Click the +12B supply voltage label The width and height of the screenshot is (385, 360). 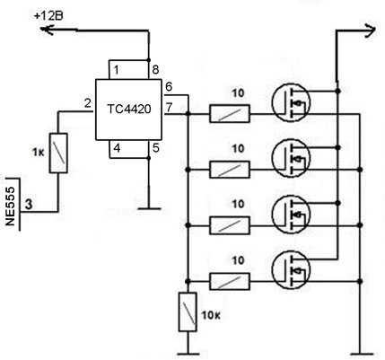pos(48,16)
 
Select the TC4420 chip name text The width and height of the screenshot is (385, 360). pos(129,110)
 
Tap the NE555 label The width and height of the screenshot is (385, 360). pos(10,206)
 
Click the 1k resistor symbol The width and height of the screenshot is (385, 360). pos(58,154)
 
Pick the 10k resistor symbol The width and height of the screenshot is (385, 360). pos(188,312)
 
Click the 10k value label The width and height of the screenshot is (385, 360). pos(212,315)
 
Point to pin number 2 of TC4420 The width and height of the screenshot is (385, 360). pos(87,103)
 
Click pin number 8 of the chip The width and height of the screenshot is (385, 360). pos(155,70)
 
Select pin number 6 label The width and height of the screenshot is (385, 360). pos(169,87)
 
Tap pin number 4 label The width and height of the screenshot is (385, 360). pos(117,148)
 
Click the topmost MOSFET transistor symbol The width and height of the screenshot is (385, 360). pos(291,102)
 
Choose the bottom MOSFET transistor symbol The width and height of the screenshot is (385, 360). pos(291,269)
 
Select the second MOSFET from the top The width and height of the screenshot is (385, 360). pos(291,158)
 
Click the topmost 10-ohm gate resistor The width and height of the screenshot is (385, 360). pos(230,114)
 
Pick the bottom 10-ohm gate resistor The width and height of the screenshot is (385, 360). pos(230,282)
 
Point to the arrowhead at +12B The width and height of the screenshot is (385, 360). pos(47,30)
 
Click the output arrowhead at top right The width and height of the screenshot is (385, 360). pos(370,31)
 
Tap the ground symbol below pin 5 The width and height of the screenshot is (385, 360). pos(149,208)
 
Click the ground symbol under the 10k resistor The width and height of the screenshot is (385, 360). pos(188,354)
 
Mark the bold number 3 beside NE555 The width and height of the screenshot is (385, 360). pos(29,205)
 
